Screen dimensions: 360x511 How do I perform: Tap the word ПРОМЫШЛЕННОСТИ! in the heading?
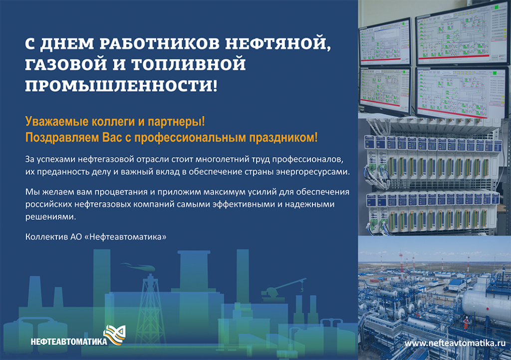tap(121, 86)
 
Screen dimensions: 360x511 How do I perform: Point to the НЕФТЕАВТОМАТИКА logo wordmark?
tap(68, 342)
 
